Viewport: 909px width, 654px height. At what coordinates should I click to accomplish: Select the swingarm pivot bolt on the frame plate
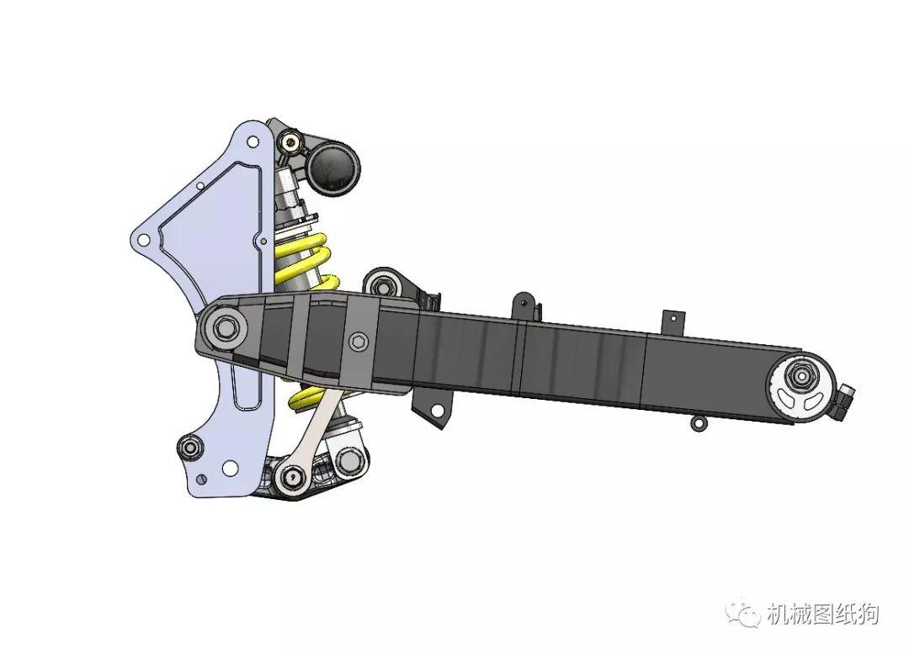[226, 327]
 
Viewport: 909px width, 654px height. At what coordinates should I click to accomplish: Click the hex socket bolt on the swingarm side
[357, 342]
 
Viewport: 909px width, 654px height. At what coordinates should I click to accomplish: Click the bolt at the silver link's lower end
[292, 476]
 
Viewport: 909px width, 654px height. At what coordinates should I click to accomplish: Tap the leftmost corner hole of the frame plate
[144, 240]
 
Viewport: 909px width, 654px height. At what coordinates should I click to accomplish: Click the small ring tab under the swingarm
[698, 422]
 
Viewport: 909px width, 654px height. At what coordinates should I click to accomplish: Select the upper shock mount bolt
[290, 140]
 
